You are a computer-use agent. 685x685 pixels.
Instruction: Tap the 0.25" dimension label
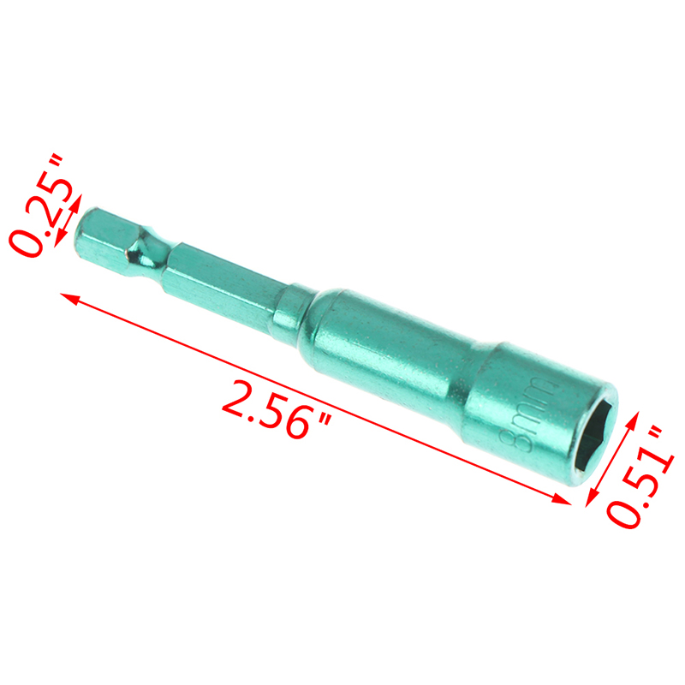pyautogui.click(x=41, y=205)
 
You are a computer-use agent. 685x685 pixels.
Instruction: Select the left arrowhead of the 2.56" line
pyautogui.click(x=70, y=298)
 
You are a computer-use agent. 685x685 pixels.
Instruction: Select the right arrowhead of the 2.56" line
pyautogui.click(x=561, y=499)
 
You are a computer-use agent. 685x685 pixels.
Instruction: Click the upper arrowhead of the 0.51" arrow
pyautogui.click(x=633, y=420)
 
